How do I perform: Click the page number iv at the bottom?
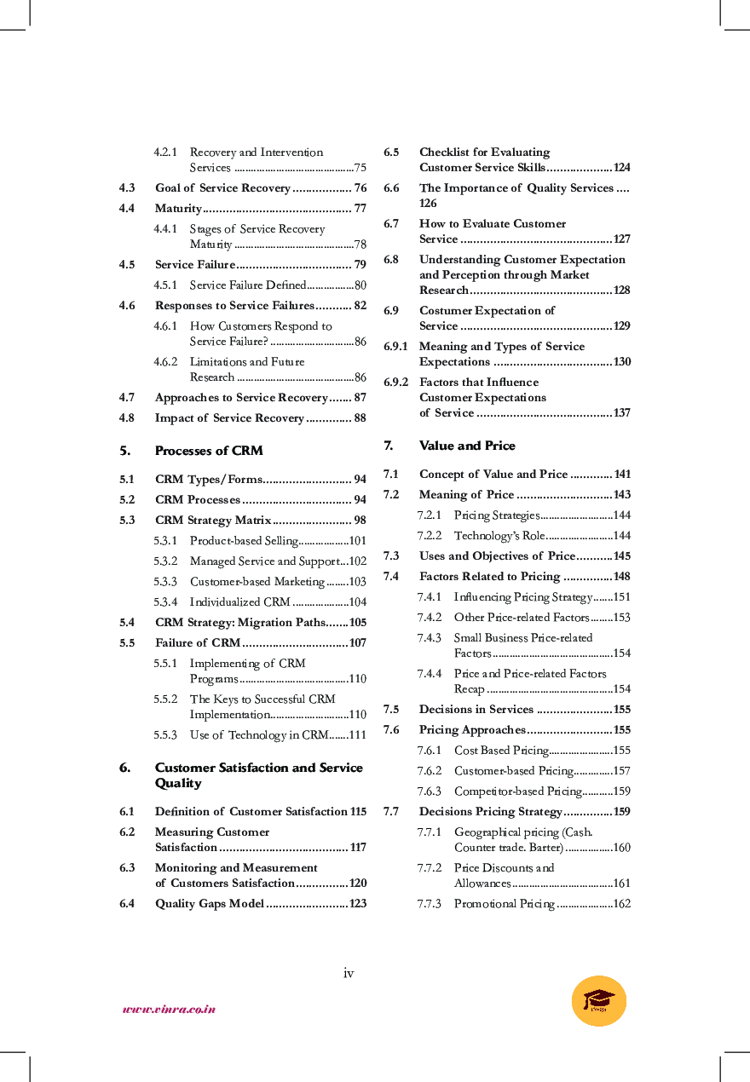(x=348, y=973)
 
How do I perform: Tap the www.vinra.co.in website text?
(x=169, y=1010)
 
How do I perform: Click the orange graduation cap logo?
(x=599, y=1000)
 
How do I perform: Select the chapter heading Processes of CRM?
(x=209, y=451)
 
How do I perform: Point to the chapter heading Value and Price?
(x=467, y=446)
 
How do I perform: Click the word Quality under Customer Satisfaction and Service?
(x=178, y=783)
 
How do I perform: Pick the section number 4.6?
(x=127, y=305)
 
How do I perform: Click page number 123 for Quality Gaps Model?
(x=358, y=903)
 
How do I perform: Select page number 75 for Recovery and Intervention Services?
(x=361, y=168)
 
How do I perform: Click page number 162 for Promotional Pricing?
(x=621, y=903)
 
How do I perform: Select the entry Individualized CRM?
(x=239, y=601)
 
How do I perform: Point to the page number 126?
(x=428, y=203)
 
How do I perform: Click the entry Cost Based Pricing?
(x=501, y=750)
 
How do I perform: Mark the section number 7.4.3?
(x=429, y=637)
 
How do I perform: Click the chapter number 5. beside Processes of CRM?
(x=124, y=451)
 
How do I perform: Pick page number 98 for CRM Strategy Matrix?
(x=360, y=520)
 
